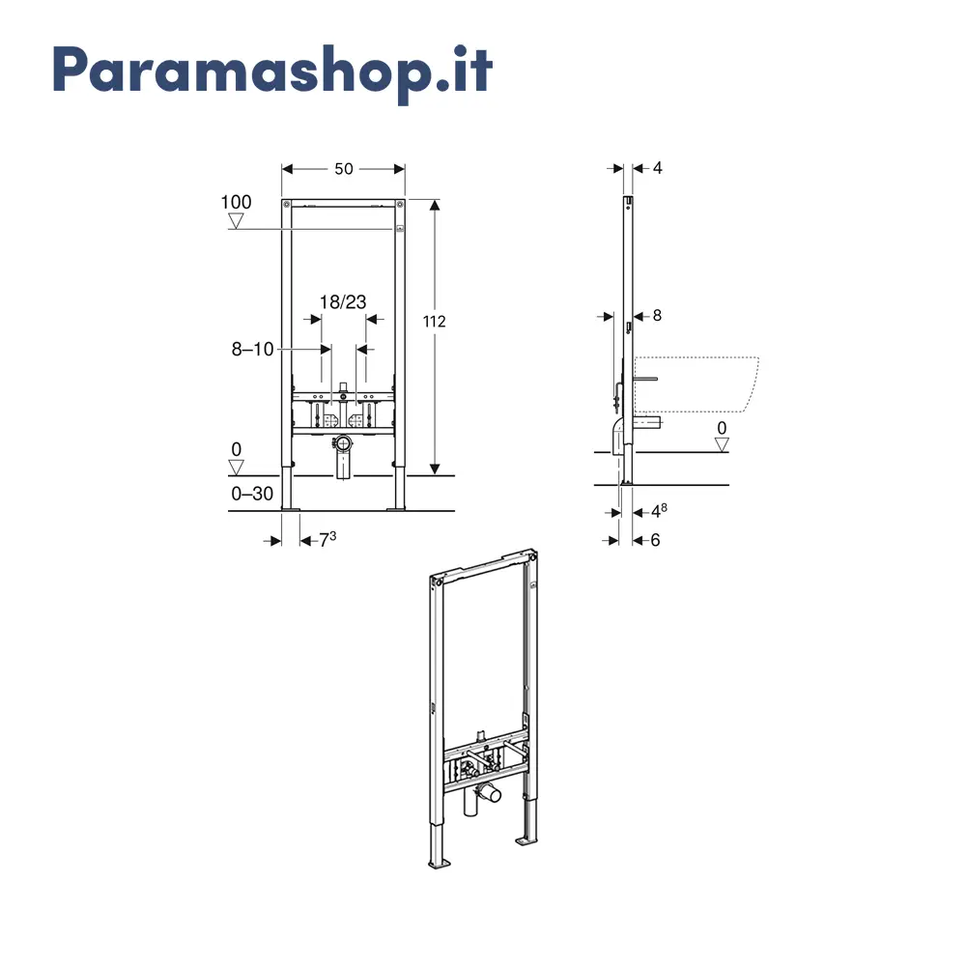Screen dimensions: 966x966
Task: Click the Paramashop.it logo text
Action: (x=272, y=71)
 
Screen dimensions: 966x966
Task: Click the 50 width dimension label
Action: (x=344, y=169)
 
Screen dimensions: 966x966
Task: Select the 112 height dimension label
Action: (x=435, y=321)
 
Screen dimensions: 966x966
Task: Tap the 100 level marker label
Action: (x=236, y=202)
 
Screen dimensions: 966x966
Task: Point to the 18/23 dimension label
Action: (x=343, y=301)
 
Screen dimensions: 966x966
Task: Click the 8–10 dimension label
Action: (x=252, y=350)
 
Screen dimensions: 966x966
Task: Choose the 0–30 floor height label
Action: (x=252, y=494)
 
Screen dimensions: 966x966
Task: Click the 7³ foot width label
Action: (x=327, y=540)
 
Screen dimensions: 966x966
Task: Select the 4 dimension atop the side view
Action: (x=657, y=167)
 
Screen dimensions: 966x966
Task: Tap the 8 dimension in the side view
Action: (x=657, y=316)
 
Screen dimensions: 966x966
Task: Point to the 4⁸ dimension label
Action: (x=659, y=511)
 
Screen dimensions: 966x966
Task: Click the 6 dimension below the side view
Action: (x=656, y=540)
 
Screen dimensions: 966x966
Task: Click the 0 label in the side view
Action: (x=722, y=428)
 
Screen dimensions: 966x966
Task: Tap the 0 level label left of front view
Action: (x=236, y=449)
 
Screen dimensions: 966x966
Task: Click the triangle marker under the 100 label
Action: (x=236, y=221)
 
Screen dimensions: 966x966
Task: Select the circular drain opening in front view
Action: (x=343, y=442)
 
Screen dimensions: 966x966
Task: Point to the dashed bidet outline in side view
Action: (x=696, y=384)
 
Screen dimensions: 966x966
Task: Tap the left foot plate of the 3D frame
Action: (x=440, y=864)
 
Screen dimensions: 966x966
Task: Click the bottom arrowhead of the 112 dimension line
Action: (x=435, y=469)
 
